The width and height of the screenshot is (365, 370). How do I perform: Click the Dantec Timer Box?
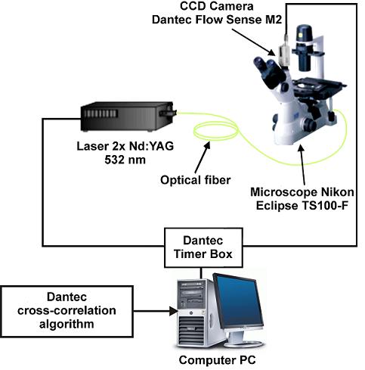click(203, 247)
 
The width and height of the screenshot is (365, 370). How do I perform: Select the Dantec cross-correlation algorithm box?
click(67, 311)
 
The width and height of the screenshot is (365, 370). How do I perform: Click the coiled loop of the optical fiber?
click(215, 129)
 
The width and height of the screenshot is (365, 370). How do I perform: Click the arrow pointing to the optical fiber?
click(203, 157)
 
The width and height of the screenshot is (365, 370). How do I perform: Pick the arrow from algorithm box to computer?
click(156, 311)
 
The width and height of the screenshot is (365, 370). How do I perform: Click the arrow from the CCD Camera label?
click(253, 42)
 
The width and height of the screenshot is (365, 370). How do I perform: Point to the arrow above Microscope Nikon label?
click(302, 165)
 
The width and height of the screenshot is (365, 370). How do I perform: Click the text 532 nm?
click(125, 160)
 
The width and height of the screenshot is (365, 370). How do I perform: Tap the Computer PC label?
click(217, 360)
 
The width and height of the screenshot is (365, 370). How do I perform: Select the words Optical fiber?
click(196, 180)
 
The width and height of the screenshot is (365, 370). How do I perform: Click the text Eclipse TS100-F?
click(302, 206)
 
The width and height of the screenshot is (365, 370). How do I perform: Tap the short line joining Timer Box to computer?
click(201, 273)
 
